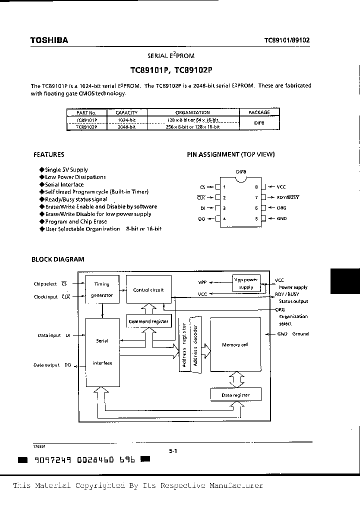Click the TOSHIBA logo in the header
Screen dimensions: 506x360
click(49, 40)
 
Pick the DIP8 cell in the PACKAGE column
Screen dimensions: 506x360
click(258, 123)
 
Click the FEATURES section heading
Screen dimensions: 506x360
click(48, 155)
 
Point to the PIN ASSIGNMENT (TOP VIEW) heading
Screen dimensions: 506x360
click(230, 155)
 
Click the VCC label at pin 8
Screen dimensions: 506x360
click(281, 186)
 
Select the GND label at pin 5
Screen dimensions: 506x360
click(281, 218)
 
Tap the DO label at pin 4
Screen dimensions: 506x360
click(202, 218)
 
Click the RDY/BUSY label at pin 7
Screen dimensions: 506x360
click(287, 197)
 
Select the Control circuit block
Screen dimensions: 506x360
click(148, 289)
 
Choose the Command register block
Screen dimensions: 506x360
click(148, 321)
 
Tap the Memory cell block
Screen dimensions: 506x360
click(235, 344)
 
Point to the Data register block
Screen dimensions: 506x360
click(235, 395)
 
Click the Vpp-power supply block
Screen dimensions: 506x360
click(246, 283)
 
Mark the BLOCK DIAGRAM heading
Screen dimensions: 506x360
click(58, 259)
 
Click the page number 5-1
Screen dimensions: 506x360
click(173, 450)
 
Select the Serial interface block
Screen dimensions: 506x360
click(102, 352)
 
